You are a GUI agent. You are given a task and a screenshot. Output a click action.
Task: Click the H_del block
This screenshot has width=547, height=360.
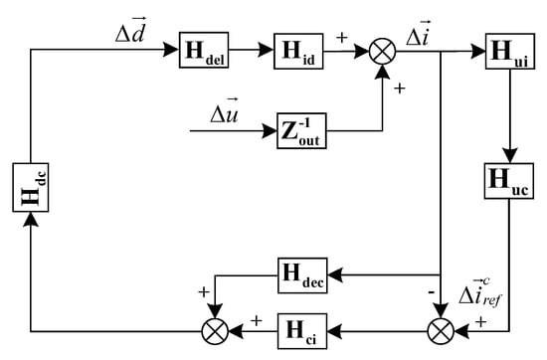coord(204,51)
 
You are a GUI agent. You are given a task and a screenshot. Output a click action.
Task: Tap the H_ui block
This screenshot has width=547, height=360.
coord(507,51)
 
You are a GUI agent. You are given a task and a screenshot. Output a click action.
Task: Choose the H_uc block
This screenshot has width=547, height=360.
coord(507,180)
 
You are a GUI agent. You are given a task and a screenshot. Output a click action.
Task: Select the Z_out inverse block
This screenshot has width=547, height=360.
coord(303,130)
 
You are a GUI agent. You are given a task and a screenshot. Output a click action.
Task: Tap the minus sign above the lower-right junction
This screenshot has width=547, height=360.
coord(427,294)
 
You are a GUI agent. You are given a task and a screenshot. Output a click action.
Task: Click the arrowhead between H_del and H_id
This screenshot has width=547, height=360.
coord(266,52)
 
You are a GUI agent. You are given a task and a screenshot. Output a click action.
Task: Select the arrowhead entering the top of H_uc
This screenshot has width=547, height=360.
coord(507,157)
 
